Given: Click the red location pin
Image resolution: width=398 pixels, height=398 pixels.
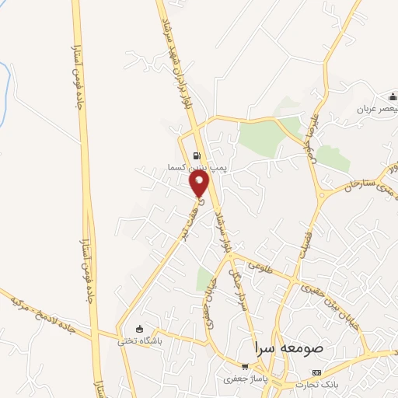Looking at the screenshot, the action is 200,183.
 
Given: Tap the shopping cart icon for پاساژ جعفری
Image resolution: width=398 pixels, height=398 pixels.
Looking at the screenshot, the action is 245,366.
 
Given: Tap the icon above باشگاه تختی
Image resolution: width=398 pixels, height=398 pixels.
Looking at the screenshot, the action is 139,328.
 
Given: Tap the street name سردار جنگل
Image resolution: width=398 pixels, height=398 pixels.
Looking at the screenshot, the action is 239,287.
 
